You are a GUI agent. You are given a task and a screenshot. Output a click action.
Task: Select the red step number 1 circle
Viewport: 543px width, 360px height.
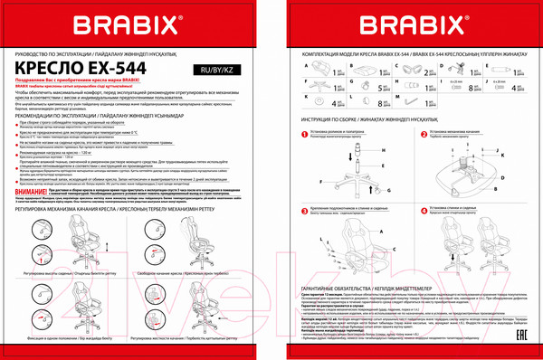point(294,130)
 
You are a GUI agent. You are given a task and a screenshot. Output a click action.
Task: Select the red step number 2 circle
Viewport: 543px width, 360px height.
point(413,130)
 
